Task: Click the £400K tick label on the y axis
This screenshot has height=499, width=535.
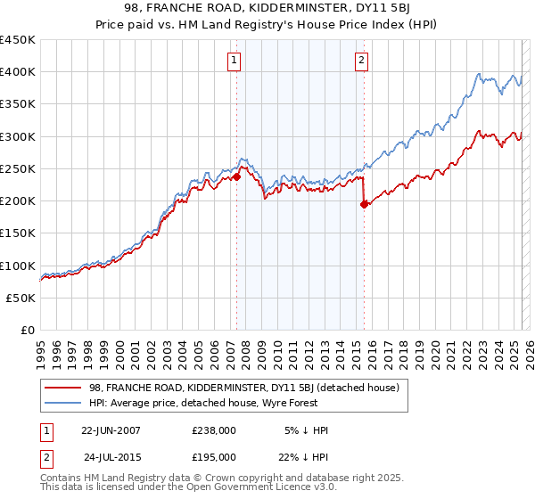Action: tap(18, 72)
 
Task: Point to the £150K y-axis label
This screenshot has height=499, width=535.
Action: tap(18, 233)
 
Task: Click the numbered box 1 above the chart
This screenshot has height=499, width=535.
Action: tap(234, 61)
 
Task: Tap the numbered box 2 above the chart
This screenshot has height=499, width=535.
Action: tap(362, 61)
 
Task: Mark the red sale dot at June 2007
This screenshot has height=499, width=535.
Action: tap(237, 176)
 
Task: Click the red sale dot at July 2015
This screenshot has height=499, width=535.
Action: tap(364, 204)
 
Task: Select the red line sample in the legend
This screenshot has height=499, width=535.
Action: tap(62, 388)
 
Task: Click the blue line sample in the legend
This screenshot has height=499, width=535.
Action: tap(62, 403)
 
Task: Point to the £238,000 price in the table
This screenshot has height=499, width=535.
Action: tap(214, 429)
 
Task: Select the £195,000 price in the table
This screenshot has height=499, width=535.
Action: tap(214, 456)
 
